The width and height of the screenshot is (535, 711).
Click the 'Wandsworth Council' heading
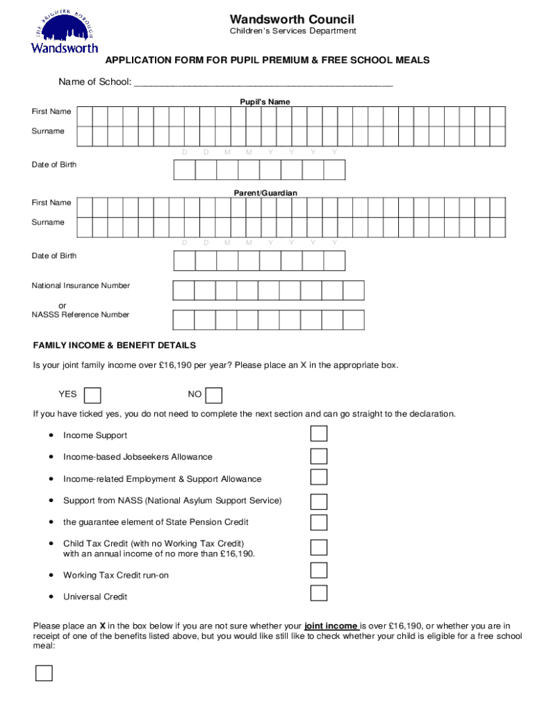(x=292, y=19)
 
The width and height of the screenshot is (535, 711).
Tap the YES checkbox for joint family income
(x=92, y=395)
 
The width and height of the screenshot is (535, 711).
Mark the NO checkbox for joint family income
(x=214, y=395)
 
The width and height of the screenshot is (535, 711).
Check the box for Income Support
(x=318, y=434)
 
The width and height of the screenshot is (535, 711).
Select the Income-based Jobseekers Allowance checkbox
(x=318, y=456)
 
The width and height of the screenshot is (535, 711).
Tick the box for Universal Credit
(x=318, y=593)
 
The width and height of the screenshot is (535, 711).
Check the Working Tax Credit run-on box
(x=318, y=571)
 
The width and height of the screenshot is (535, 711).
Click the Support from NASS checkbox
(x=318, y=501)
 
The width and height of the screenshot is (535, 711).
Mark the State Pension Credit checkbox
(x=318, y=522)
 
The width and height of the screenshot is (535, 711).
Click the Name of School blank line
(x=263, y=83)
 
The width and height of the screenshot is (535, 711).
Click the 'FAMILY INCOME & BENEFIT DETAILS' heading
(x=115, y=345)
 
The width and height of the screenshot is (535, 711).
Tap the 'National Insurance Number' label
(x=81, y=285)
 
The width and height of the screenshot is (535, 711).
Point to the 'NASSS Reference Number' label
(x=81, y=315)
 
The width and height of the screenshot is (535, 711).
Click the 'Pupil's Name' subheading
(x=261, y=102)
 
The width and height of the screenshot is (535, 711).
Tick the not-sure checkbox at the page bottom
(x=44, y=673)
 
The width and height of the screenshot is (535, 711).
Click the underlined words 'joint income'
(x=331, y=625)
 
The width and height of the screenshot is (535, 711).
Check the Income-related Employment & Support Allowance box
(x=318, y=477)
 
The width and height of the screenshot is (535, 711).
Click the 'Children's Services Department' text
(x=293, y=31)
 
